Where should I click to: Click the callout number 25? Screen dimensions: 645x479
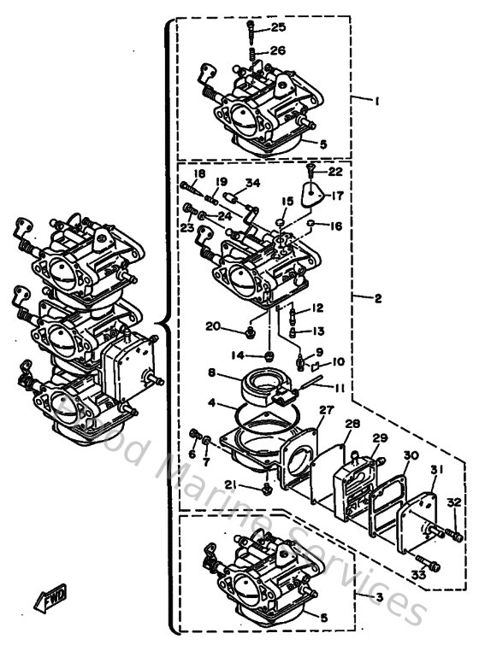point(278,28)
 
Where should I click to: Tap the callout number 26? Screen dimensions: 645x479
point(278,50)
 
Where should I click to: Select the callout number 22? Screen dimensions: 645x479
point(334,171)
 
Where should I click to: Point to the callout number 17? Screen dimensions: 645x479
point(337,195)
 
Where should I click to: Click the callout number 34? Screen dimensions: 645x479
point(252,182)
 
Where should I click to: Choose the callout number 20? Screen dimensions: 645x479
point(212,325)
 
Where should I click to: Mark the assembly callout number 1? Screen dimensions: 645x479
point(376,100)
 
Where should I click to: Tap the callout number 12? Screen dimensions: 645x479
point(316,308)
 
